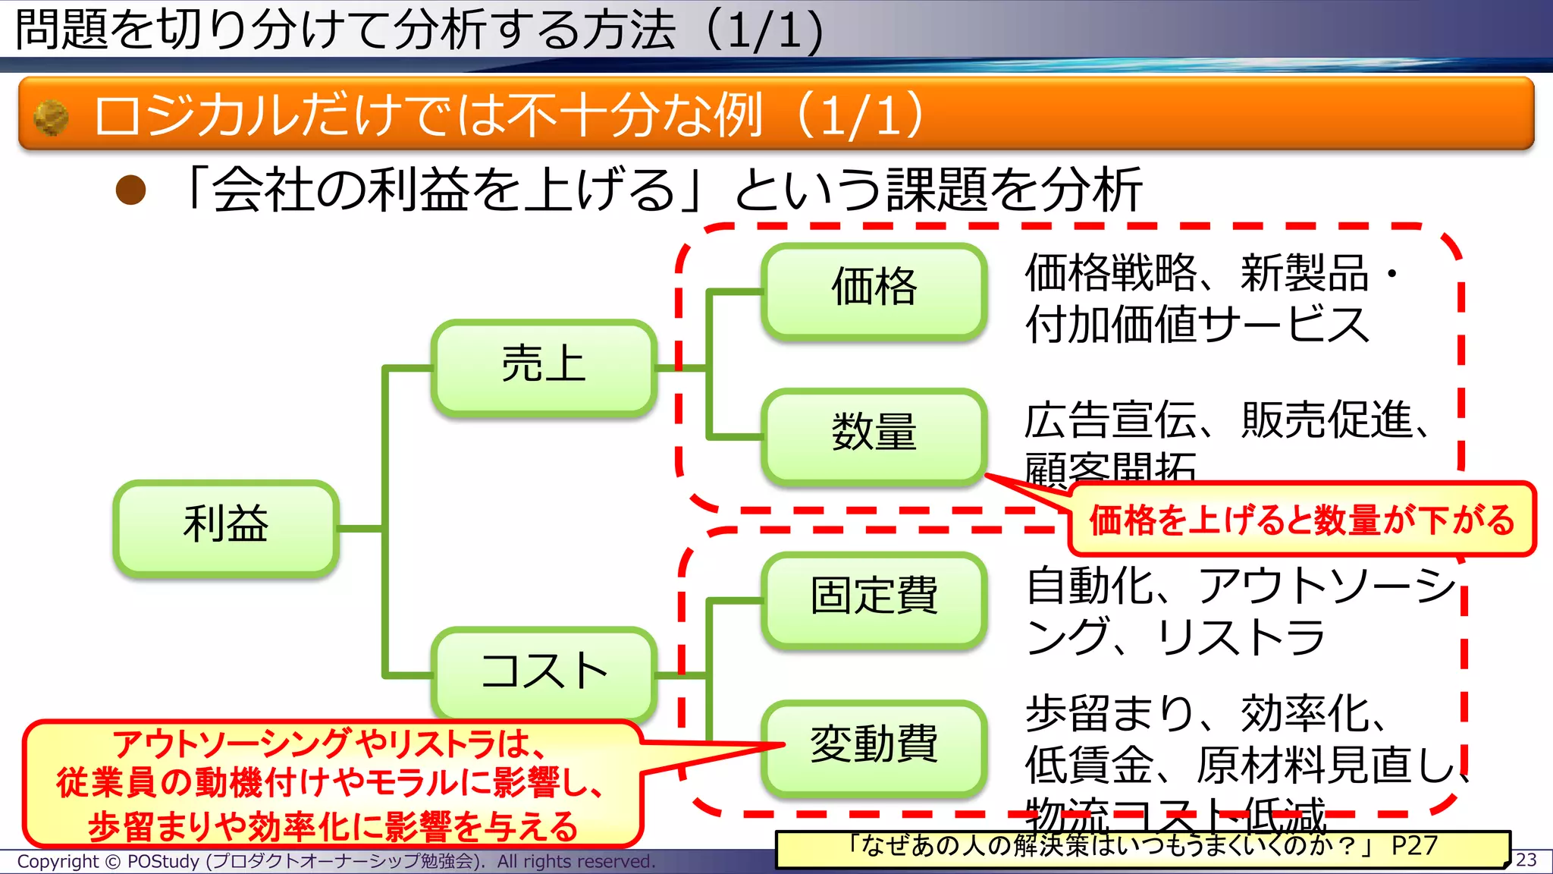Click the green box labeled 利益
pyautogui.click(x=226, y=527)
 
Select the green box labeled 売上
pyautogui.click(x=544, y=368)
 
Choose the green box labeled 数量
pyautogui.click(x=874, y=435)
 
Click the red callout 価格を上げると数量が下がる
pyautogui.click(x=1301, y=520)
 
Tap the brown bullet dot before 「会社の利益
pyautogui.click(x=130, y=190)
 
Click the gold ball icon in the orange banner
pyautogui.click(x=52, y=118)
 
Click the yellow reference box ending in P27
pyautogui.click(x=1142, y=847)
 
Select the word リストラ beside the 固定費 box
pyautogui.click(x=1241, y=637)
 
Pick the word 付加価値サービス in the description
pyautogui.click(x=1197, y=325)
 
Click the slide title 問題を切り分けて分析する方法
pyautogui.click(x=345, y=30)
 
